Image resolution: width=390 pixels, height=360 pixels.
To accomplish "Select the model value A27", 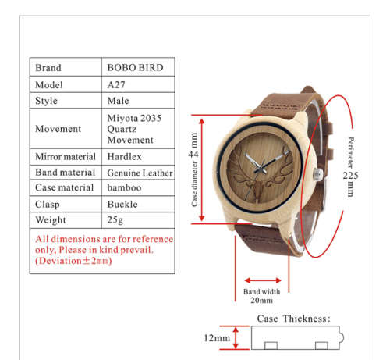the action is pyautogui.click(x=116, y=85).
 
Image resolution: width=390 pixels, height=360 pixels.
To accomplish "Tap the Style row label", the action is pyautogui.click(x=46, y=101).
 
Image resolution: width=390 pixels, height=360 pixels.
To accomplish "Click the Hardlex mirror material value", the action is pyautogui.click(x=125, y=157).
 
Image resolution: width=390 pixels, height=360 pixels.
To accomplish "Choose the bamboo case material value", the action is pyautogui.click(x=124, y=187).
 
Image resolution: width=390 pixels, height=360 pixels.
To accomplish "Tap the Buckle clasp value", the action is pyautogui.click(x=122, y=205).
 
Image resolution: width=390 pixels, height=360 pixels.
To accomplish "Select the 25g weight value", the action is pyautogui.click(x=115, y=220).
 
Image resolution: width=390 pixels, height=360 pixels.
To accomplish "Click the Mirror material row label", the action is pyautogui.click(x=66, y=157).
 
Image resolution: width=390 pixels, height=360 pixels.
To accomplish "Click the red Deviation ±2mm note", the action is pyautogui.click(x=73, y=261).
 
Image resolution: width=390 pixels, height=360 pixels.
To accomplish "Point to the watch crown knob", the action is pyautogui.click(x=317, y=174).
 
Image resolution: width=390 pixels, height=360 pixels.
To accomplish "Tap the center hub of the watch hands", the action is pyautogui.click(x=261, y=168).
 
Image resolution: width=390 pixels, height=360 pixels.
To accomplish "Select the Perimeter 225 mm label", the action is pyautogui.click(x=351, y=167).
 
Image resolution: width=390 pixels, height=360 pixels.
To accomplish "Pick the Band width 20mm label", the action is pyautogui.click(x=262, y=296).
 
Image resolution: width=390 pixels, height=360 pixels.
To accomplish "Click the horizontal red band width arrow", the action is pyautogui.click(x=263, y=280).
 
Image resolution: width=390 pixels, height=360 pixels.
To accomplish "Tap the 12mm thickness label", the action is pyautogui.click(x=217, y=338).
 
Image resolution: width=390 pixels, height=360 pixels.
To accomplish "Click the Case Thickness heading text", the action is pyautogui.click(x=294, y=319).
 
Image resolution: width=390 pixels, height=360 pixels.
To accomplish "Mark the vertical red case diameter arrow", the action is pyautogui.click(x=202, y=169).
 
